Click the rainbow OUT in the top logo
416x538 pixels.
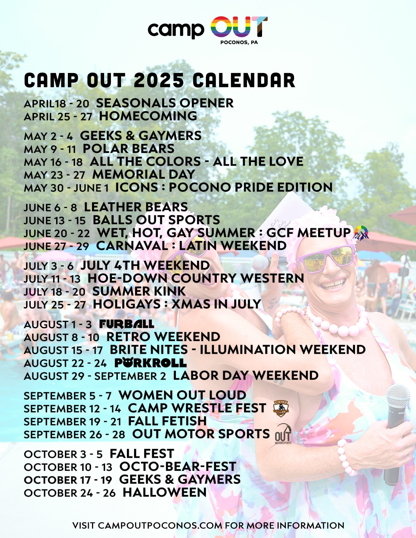239,27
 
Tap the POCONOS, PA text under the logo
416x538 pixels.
239,42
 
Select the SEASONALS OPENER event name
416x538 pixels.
165,103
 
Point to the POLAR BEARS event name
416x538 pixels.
128,149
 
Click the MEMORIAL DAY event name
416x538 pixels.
144,174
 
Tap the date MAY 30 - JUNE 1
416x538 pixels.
66,188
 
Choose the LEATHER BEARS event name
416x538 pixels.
136,207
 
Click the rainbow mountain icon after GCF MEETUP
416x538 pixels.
361,233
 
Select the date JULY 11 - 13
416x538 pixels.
52,279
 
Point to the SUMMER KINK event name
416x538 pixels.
139,291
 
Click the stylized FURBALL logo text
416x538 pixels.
127,324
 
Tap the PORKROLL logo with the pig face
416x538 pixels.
150,363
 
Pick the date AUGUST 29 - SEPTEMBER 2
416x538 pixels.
95,376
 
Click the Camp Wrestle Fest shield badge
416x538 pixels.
281,409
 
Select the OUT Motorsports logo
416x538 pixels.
283,434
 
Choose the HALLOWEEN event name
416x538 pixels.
164,492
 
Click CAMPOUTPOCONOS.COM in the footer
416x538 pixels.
160,525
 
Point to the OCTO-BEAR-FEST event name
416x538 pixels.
177,467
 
